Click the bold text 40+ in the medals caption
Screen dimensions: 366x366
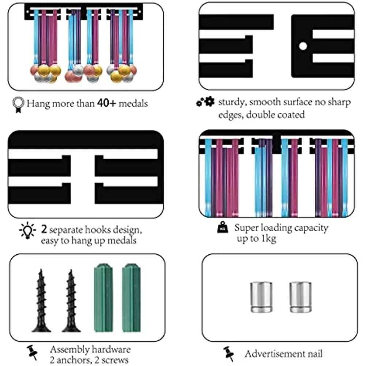click(x=107, y=103)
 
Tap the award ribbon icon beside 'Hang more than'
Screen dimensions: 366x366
click(x=18, y=105)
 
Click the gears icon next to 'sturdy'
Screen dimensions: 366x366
click(x=205, y=101)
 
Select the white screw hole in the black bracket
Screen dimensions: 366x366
click(x=303, y=46)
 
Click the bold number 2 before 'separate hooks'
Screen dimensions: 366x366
click(x=44, y=229)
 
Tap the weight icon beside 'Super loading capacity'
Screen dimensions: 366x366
click(x=223, y=227)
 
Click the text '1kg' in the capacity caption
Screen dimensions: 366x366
click(x=269, y=238)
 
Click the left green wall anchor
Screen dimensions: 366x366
click(x=103, y=298)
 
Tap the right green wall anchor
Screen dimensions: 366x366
click(x=131, y=298)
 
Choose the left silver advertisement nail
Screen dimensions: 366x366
click(x=261, y=297)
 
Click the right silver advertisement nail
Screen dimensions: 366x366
click(x=300, y=297)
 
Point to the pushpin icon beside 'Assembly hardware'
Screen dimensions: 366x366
click(x=33, y=352)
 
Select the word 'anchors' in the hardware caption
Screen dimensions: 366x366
click(x=72, y=360)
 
